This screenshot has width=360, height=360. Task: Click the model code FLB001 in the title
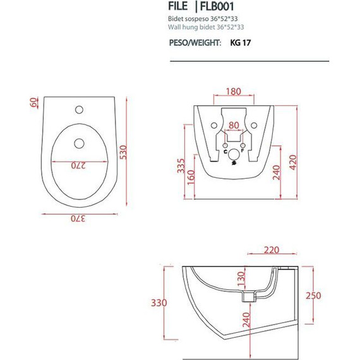click(x=217, y=6)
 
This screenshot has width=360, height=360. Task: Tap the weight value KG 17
click(x=241, y=43)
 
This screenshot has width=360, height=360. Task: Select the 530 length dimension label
click(x=123, y=152)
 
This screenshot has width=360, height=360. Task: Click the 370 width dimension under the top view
click(x=78, y=219)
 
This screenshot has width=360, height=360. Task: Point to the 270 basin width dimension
click(x=78, y=165)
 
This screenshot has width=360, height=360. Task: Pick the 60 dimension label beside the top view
click(x=34, y=102)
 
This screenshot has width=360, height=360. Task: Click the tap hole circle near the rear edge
click(x=79, y=110)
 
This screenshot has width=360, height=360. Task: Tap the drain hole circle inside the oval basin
click(x=79, y=143)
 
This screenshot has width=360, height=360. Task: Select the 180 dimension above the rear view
click(x=234, y=92)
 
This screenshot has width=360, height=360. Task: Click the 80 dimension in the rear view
click(x=234, y=125)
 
